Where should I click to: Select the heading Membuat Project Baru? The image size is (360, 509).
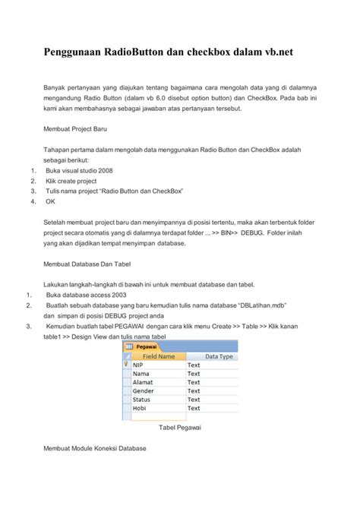point(81,130)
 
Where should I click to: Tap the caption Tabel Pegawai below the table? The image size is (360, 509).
point(179,428)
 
